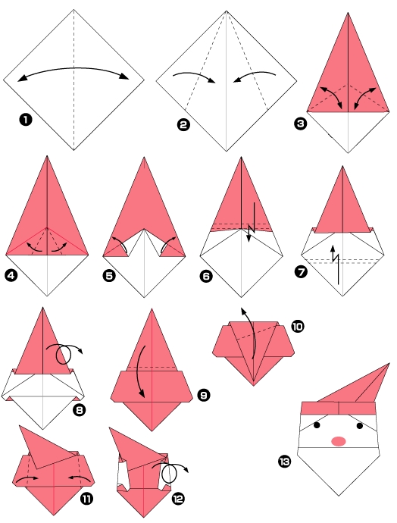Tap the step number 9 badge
click(203, 395)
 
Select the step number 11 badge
click(87, 499)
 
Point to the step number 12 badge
click(179, 499)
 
